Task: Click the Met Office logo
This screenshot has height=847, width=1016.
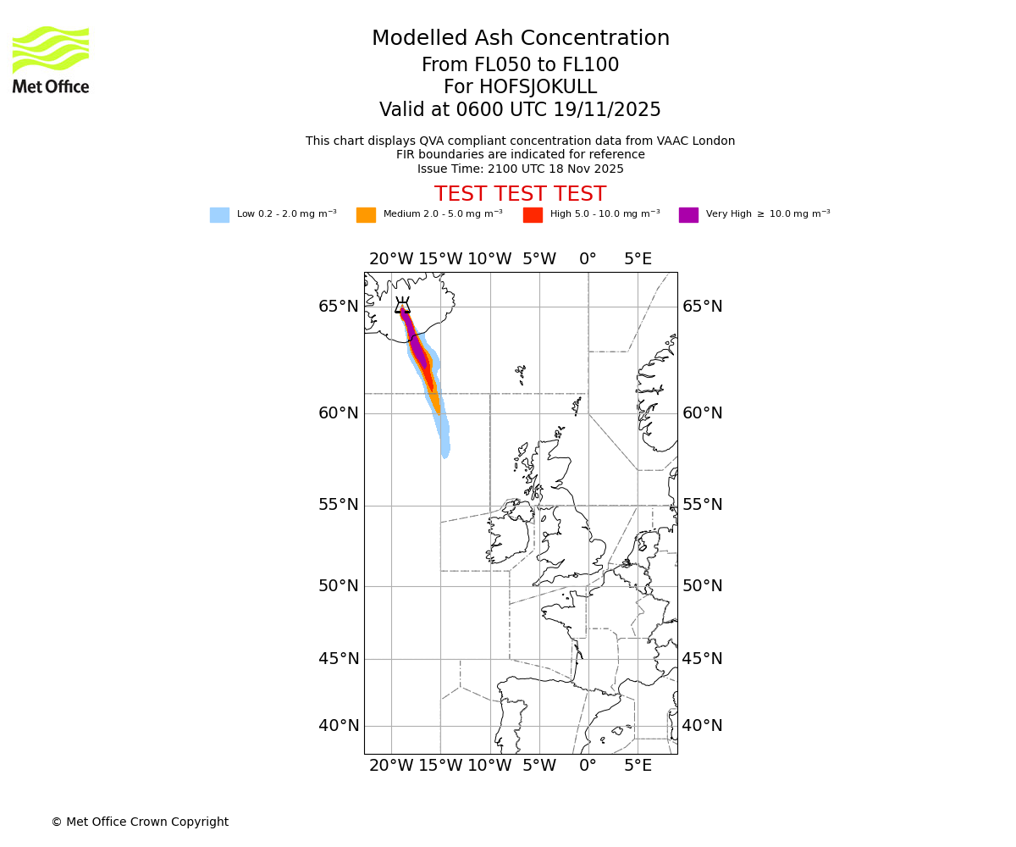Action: tap(51, 59)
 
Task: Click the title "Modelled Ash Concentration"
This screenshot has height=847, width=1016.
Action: tap(520, 38)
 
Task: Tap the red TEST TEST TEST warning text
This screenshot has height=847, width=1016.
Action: tap(520, 194)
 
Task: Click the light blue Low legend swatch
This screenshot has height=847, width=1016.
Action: tap(219, 214)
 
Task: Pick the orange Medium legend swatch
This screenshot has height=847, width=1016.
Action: tap(366, 214)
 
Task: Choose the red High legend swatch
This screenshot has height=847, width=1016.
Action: tap(533, 214)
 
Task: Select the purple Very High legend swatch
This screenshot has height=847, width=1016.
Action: tap(688, 214)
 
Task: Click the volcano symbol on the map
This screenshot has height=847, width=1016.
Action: tap(402, 306)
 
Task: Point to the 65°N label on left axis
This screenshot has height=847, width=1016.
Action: tap(338, 307)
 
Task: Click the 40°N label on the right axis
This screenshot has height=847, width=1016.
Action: tap(703, 726)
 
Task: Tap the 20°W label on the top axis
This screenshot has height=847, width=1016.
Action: tap(391, 259)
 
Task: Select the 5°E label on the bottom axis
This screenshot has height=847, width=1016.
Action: tap(638, 766)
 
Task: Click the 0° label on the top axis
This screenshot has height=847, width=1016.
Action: tap(588, 259)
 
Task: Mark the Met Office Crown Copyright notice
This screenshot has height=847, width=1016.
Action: tap(140, 822)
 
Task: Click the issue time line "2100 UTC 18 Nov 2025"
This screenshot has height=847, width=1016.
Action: tap(520, 169)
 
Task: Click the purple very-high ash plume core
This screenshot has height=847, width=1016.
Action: tap(416, 347)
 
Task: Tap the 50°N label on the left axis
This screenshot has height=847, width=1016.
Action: tap(338, 586)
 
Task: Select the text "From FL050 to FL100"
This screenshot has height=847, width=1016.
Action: tap(520, 65)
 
